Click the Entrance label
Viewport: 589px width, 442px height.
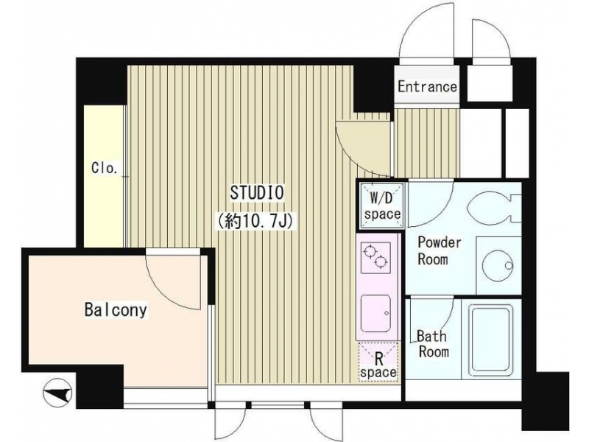(x=427, y=87)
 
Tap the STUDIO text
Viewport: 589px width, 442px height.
(x=257, y=193)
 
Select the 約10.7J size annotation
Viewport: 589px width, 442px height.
(x=255, y=221)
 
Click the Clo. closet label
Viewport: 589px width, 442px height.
(x=105, y=168)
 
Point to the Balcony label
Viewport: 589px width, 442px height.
(x=116, y=310)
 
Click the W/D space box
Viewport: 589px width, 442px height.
(x=381, y=206)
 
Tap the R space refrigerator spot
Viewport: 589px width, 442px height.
(x=378, y=362)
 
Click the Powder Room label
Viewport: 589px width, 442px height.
(x=439, y=250)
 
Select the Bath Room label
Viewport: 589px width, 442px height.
(x=433, y=344)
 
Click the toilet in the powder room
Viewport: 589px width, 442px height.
(x=494, y=207)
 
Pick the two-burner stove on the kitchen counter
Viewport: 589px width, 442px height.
(x=375, y=259)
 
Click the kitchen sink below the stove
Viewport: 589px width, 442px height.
(x=375, y=314)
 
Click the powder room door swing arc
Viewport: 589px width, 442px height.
(x=440, y=214)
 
